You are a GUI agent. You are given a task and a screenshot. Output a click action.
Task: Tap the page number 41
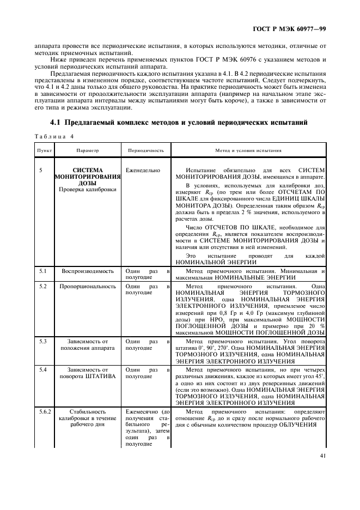click(323, 457)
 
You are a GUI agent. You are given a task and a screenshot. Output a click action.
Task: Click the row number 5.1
click(43, 271)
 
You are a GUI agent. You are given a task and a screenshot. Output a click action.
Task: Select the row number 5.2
click(43, 286)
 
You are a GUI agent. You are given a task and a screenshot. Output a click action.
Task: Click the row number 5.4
click(43, 369)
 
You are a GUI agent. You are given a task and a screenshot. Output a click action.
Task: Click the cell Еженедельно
click(143, 171)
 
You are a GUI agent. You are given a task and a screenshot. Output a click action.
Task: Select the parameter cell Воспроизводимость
click(87, 271)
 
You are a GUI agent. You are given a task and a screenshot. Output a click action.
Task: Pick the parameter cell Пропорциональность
click(87, 286)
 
